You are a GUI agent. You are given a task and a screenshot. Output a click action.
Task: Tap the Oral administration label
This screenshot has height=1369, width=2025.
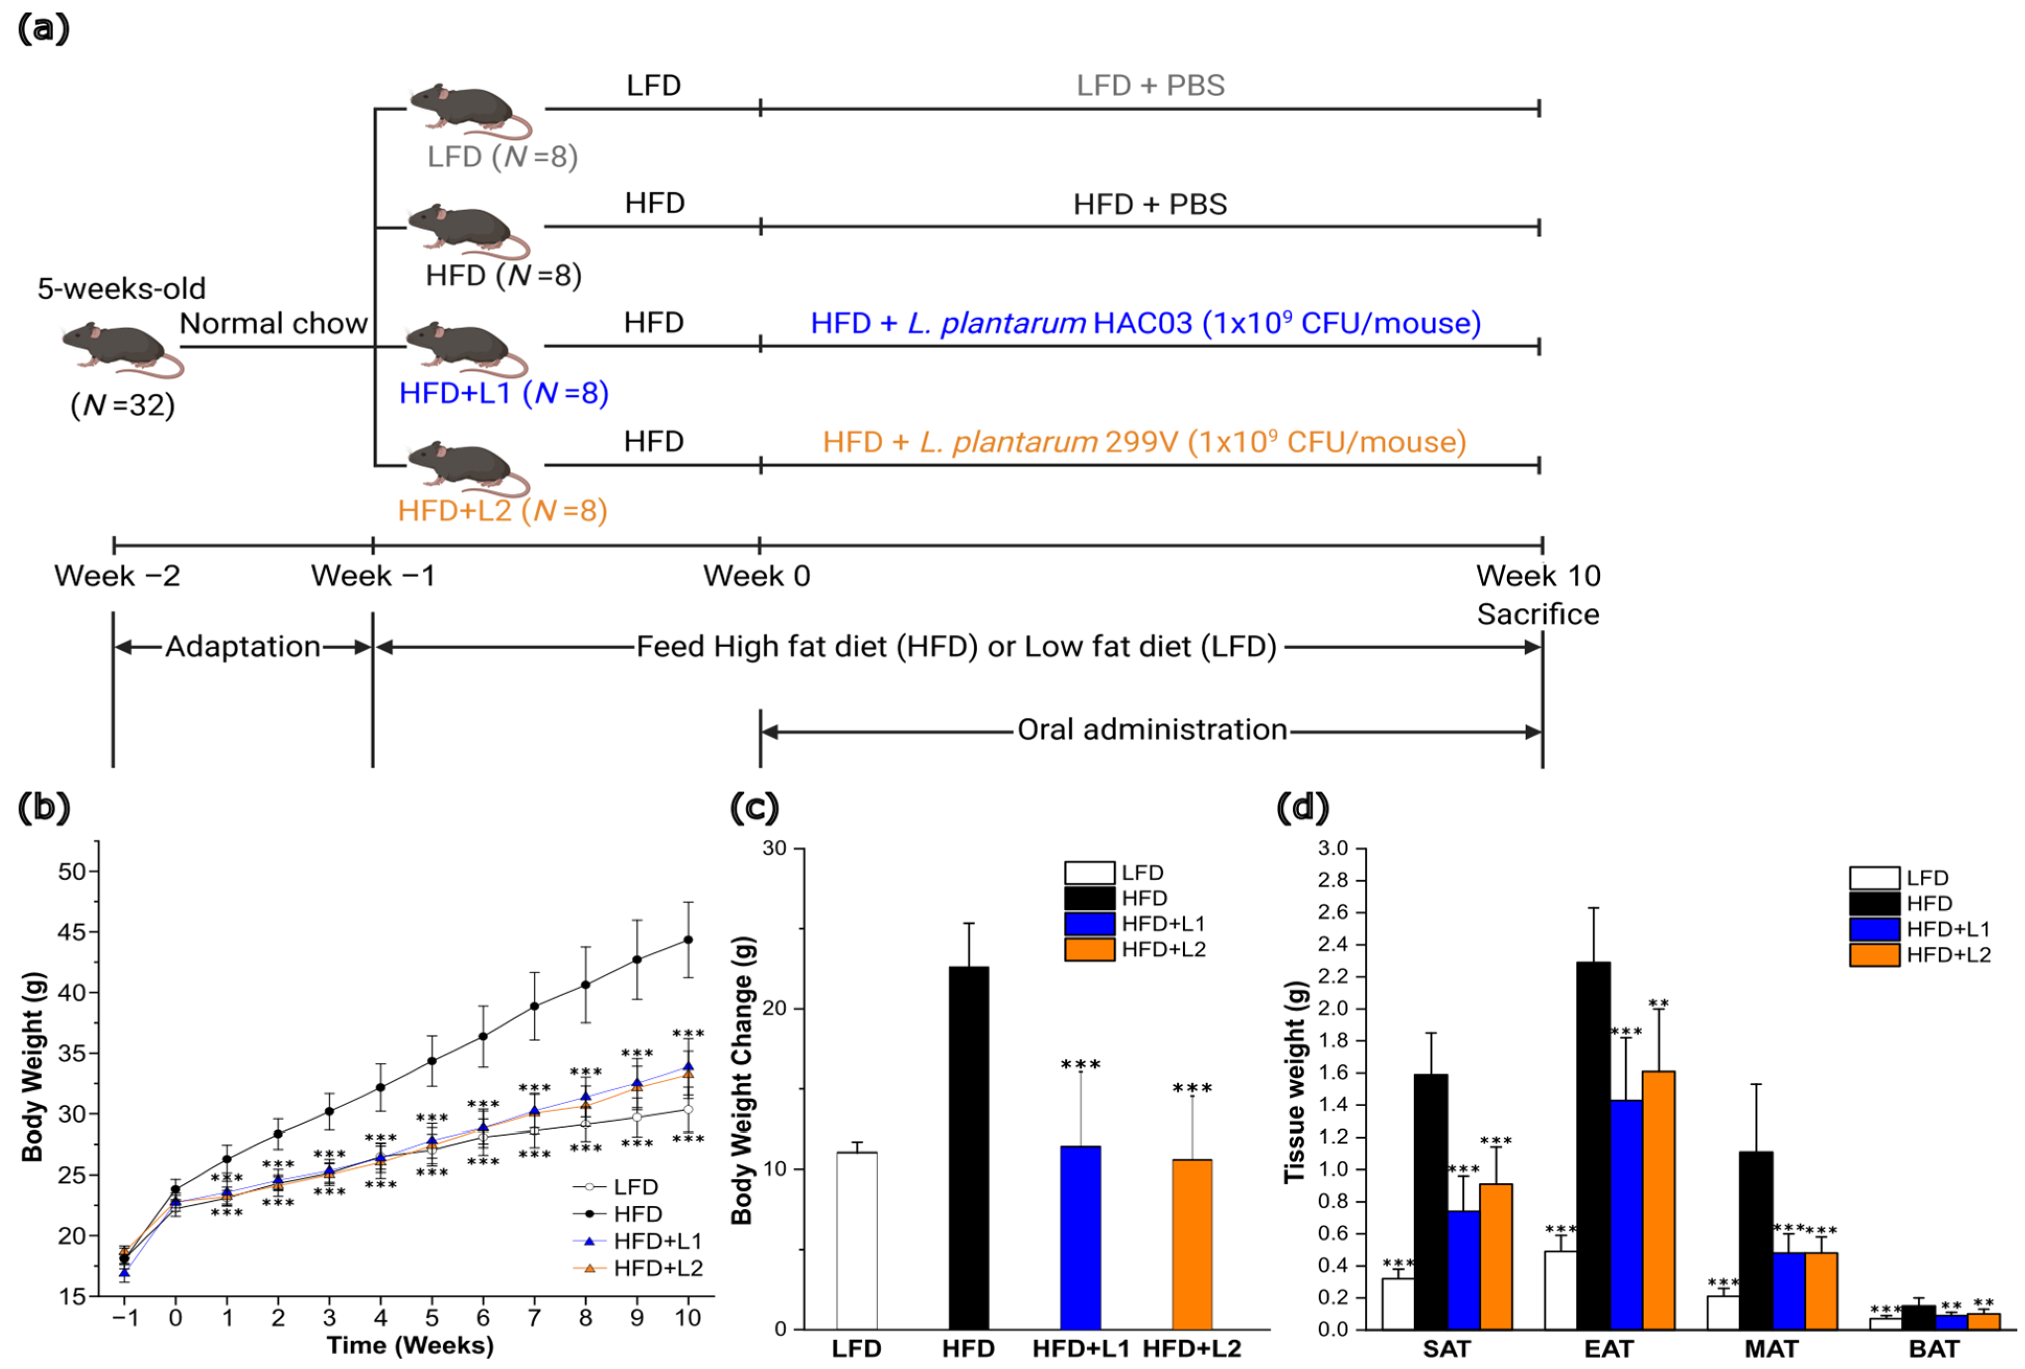point(1151,729)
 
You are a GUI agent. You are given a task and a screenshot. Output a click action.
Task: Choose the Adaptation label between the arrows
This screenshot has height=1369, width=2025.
point(242,647)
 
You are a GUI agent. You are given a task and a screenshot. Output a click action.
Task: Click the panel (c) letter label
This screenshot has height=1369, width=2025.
point(754,808)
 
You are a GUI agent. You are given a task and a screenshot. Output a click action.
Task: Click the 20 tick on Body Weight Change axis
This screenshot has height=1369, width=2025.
point(774,1008)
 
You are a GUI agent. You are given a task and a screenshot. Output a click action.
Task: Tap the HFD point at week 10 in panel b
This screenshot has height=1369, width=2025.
point(688,939)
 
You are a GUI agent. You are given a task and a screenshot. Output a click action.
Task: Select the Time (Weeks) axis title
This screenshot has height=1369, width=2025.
point(410,1345)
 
